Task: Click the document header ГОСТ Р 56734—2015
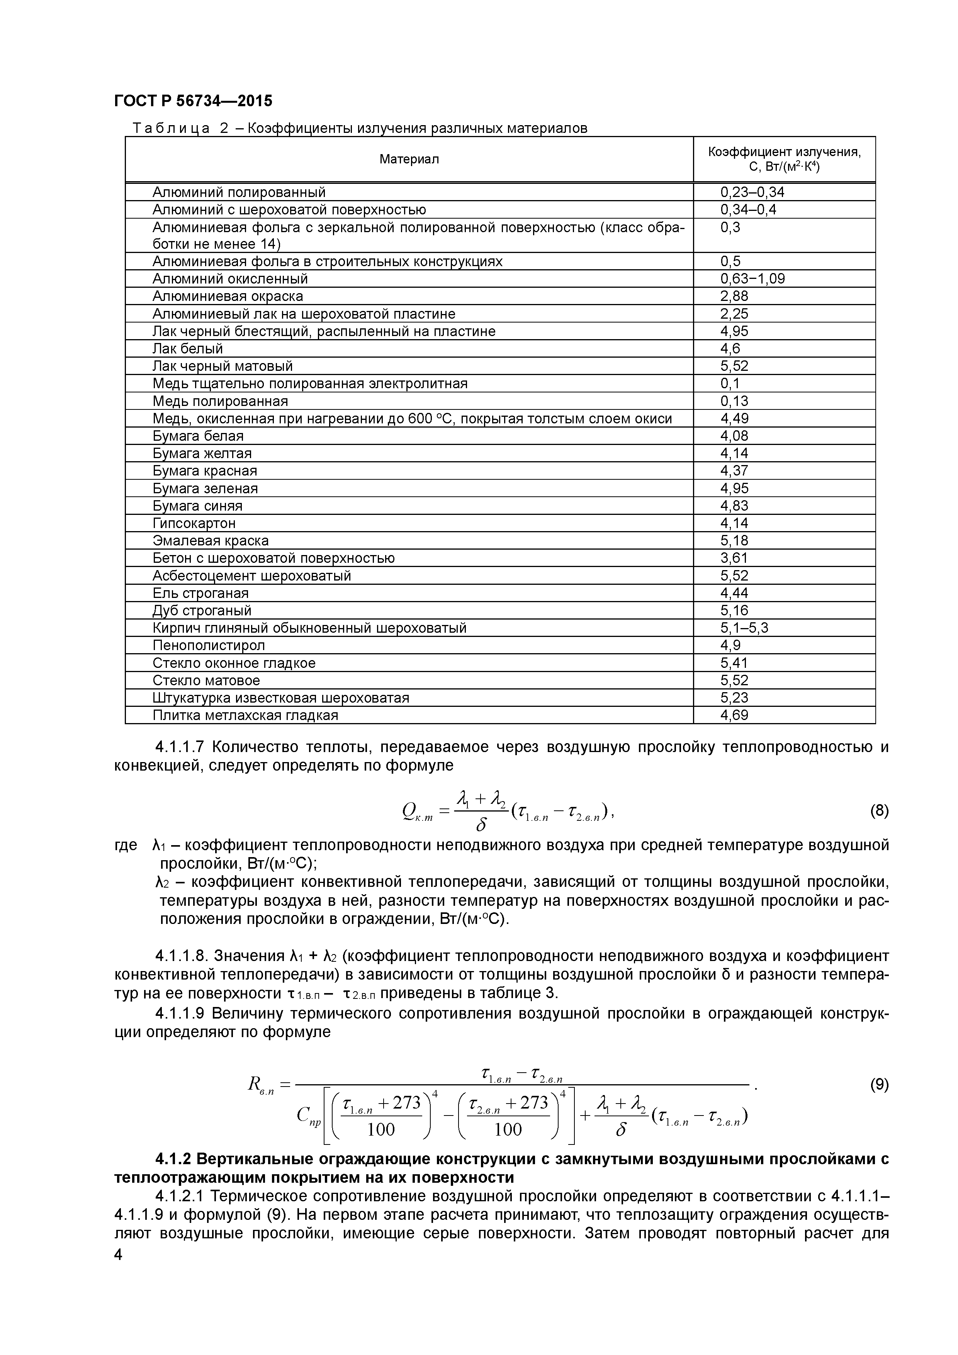[x=193, y=101]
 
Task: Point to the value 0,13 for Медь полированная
[x=734, y=401]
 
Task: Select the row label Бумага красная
[x=204, y=471]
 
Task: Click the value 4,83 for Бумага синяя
[x=734, y=506]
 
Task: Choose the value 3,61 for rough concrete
[x=734, y=558]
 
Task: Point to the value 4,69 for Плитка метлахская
[x=734, y=715]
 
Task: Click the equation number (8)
[x=879, y=811]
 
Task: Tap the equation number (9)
[x=879, y=1085]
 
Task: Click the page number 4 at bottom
[x=118, y=1271]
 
